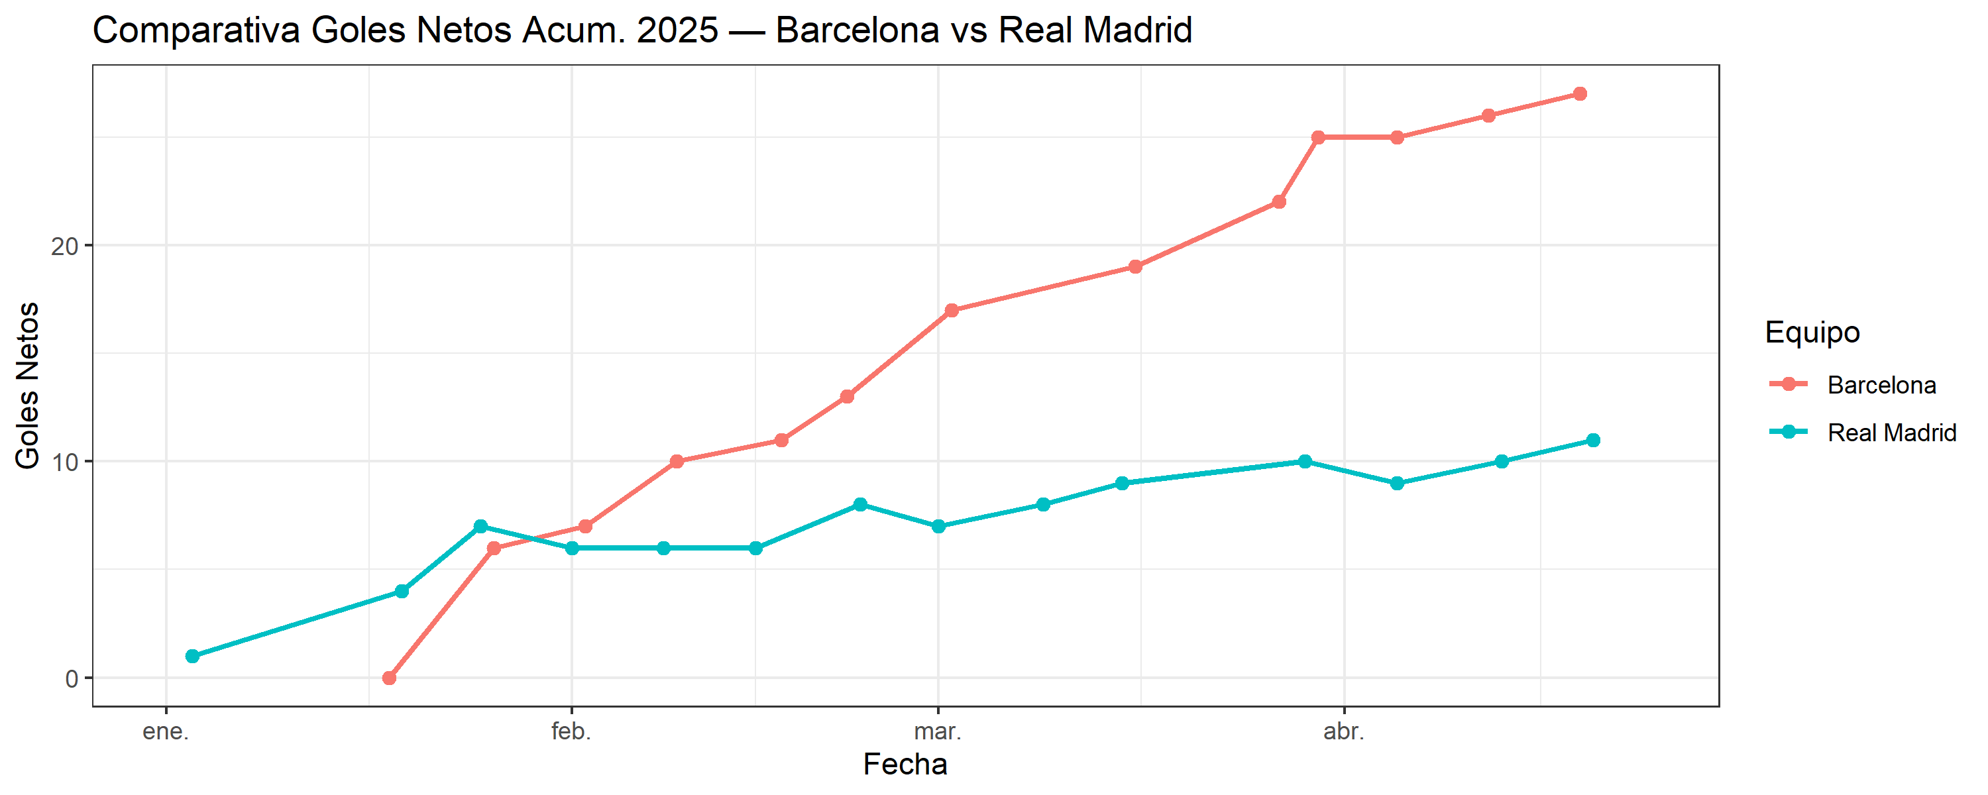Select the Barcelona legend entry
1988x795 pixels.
[x=1881, y=384]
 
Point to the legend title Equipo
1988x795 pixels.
[x=1812, y=332]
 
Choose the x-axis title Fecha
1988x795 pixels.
[x=905, y=764]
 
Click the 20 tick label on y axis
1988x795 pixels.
[x=65, y=246]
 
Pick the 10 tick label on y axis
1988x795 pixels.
[x=65, y=462]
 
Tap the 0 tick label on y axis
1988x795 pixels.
[x=72, y=678]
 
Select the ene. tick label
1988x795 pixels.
[x=166, y=731]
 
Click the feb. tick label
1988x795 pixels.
[x=571, y=731]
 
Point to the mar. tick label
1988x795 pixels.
[x=938, y=731]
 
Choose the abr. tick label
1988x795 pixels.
[x=1344, y=731]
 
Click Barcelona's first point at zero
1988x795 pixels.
[x=389, y=678]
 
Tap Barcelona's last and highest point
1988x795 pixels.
[x=1580, y=94]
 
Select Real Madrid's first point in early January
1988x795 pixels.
[x=192, y=656]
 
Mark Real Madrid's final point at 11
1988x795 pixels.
[x=1593, y=440]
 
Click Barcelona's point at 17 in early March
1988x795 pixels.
[x=952, y=310]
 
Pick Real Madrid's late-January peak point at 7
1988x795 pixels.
[x=480, y=527]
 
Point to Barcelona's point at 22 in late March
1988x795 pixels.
[x=1279, y=202]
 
